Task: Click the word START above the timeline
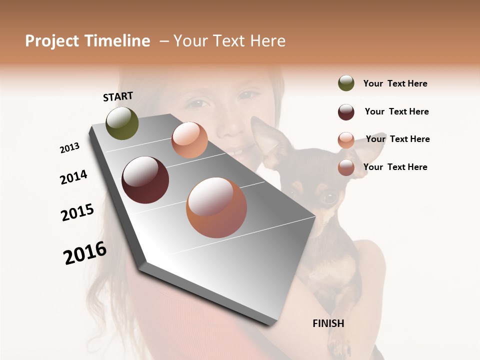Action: [x=118, y=96]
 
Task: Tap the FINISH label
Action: [x=328, y=323]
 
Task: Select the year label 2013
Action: [x=69, y=148]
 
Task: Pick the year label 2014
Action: [x=73, y=177]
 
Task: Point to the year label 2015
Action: [x=77, y=212]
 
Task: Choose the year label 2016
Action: [x=85, y=253]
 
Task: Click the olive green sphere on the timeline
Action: [x=122, y=123]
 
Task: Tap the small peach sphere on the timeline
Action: [x=189, y=140]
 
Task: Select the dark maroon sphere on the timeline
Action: [x=145, y=180]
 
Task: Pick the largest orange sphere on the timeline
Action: [x=216, y=207]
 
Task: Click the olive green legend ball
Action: [x=346, y=83]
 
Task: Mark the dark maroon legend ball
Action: [x=346, y=112]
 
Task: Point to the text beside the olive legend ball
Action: [x=395, y=83]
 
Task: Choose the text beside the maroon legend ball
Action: [x=396, y=111]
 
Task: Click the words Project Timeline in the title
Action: [x=87, y=41]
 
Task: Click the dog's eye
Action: [x=329, y=196]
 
